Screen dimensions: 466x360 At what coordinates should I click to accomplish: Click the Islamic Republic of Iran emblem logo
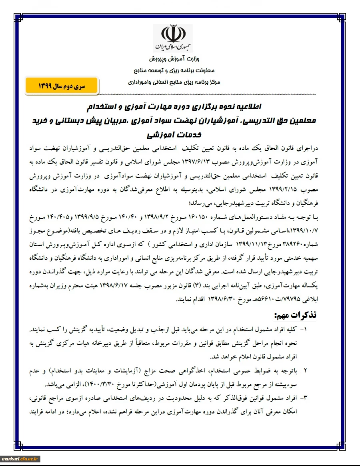click(173, 38)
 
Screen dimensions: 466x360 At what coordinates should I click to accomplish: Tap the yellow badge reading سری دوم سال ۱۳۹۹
click(62, 86)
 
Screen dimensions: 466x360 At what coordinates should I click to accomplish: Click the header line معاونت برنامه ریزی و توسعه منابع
click(173, 71)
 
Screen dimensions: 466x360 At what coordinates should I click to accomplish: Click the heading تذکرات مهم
click(299, 315)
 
